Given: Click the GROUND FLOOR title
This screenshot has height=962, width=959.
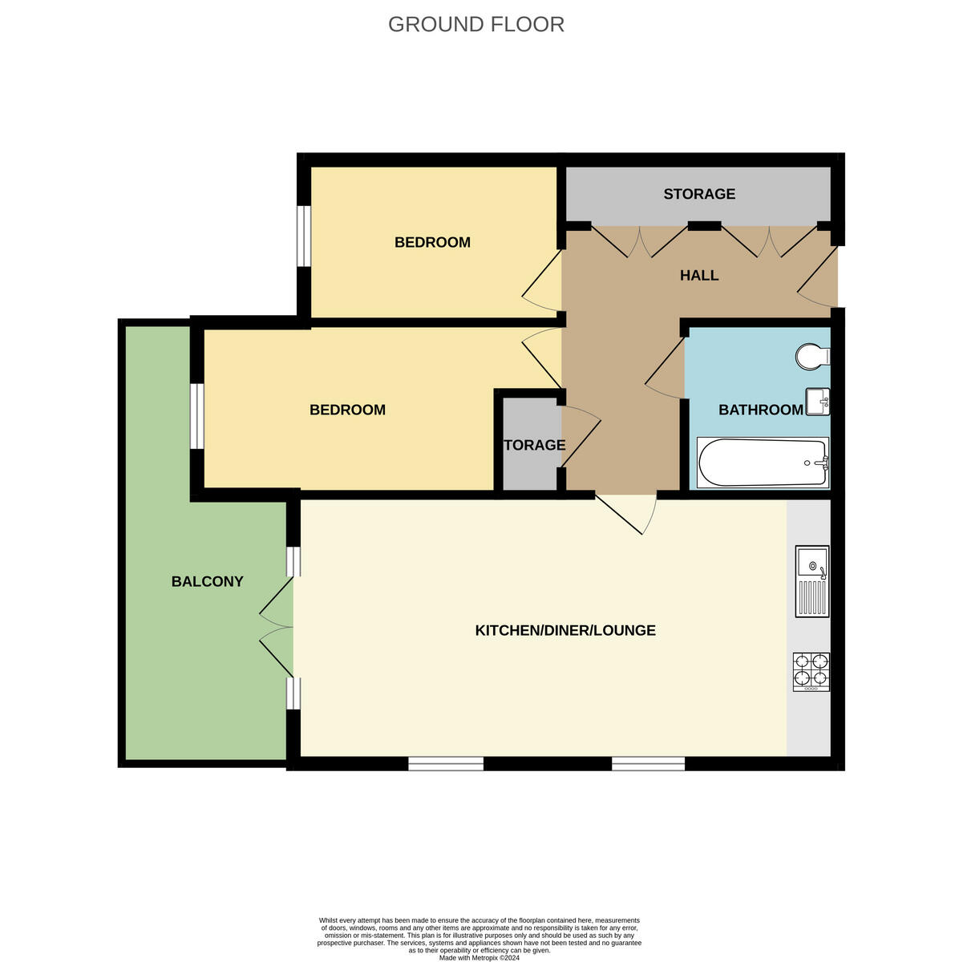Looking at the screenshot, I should [x=476, y=24].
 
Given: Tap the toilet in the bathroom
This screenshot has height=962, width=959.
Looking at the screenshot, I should [x=811, y=356].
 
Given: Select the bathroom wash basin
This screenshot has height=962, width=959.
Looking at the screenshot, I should [x=818, y=401].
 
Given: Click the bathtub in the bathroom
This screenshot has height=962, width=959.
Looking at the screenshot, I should [x=762, y=463].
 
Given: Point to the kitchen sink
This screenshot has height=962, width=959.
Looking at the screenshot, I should [x=811, y=581].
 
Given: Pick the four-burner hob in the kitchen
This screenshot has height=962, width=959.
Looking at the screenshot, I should [x=811, y=672].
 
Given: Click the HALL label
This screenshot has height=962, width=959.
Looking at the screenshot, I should [x=699, y=275].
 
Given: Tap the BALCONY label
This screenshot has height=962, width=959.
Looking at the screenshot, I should [x=207, y=581].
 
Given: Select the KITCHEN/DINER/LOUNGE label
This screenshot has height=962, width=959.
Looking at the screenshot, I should [x=565, y=630].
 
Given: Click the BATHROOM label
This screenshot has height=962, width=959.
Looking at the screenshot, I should [x=760, y=410].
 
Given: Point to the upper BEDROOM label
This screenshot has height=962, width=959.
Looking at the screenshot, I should [x=432, y=242].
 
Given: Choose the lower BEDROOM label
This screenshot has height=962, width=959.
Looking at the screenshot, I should [x=347, y=410].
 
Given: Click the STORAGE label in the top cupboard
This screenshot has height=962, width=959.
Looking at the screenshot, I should [x=699, y=194].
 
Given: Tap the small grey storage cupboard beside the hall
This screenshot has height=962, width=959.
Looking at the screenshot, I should [x=529, y=445].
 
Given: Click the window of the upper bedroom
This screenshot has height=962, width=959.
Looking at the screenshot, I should [x=304, y=236].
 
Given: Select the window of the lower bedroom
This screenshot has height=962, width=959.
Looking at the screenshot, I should [x=196, y=416].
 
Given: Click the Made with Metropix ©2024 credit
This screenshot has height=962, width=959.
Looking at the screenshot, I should [x=479, y=957].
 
